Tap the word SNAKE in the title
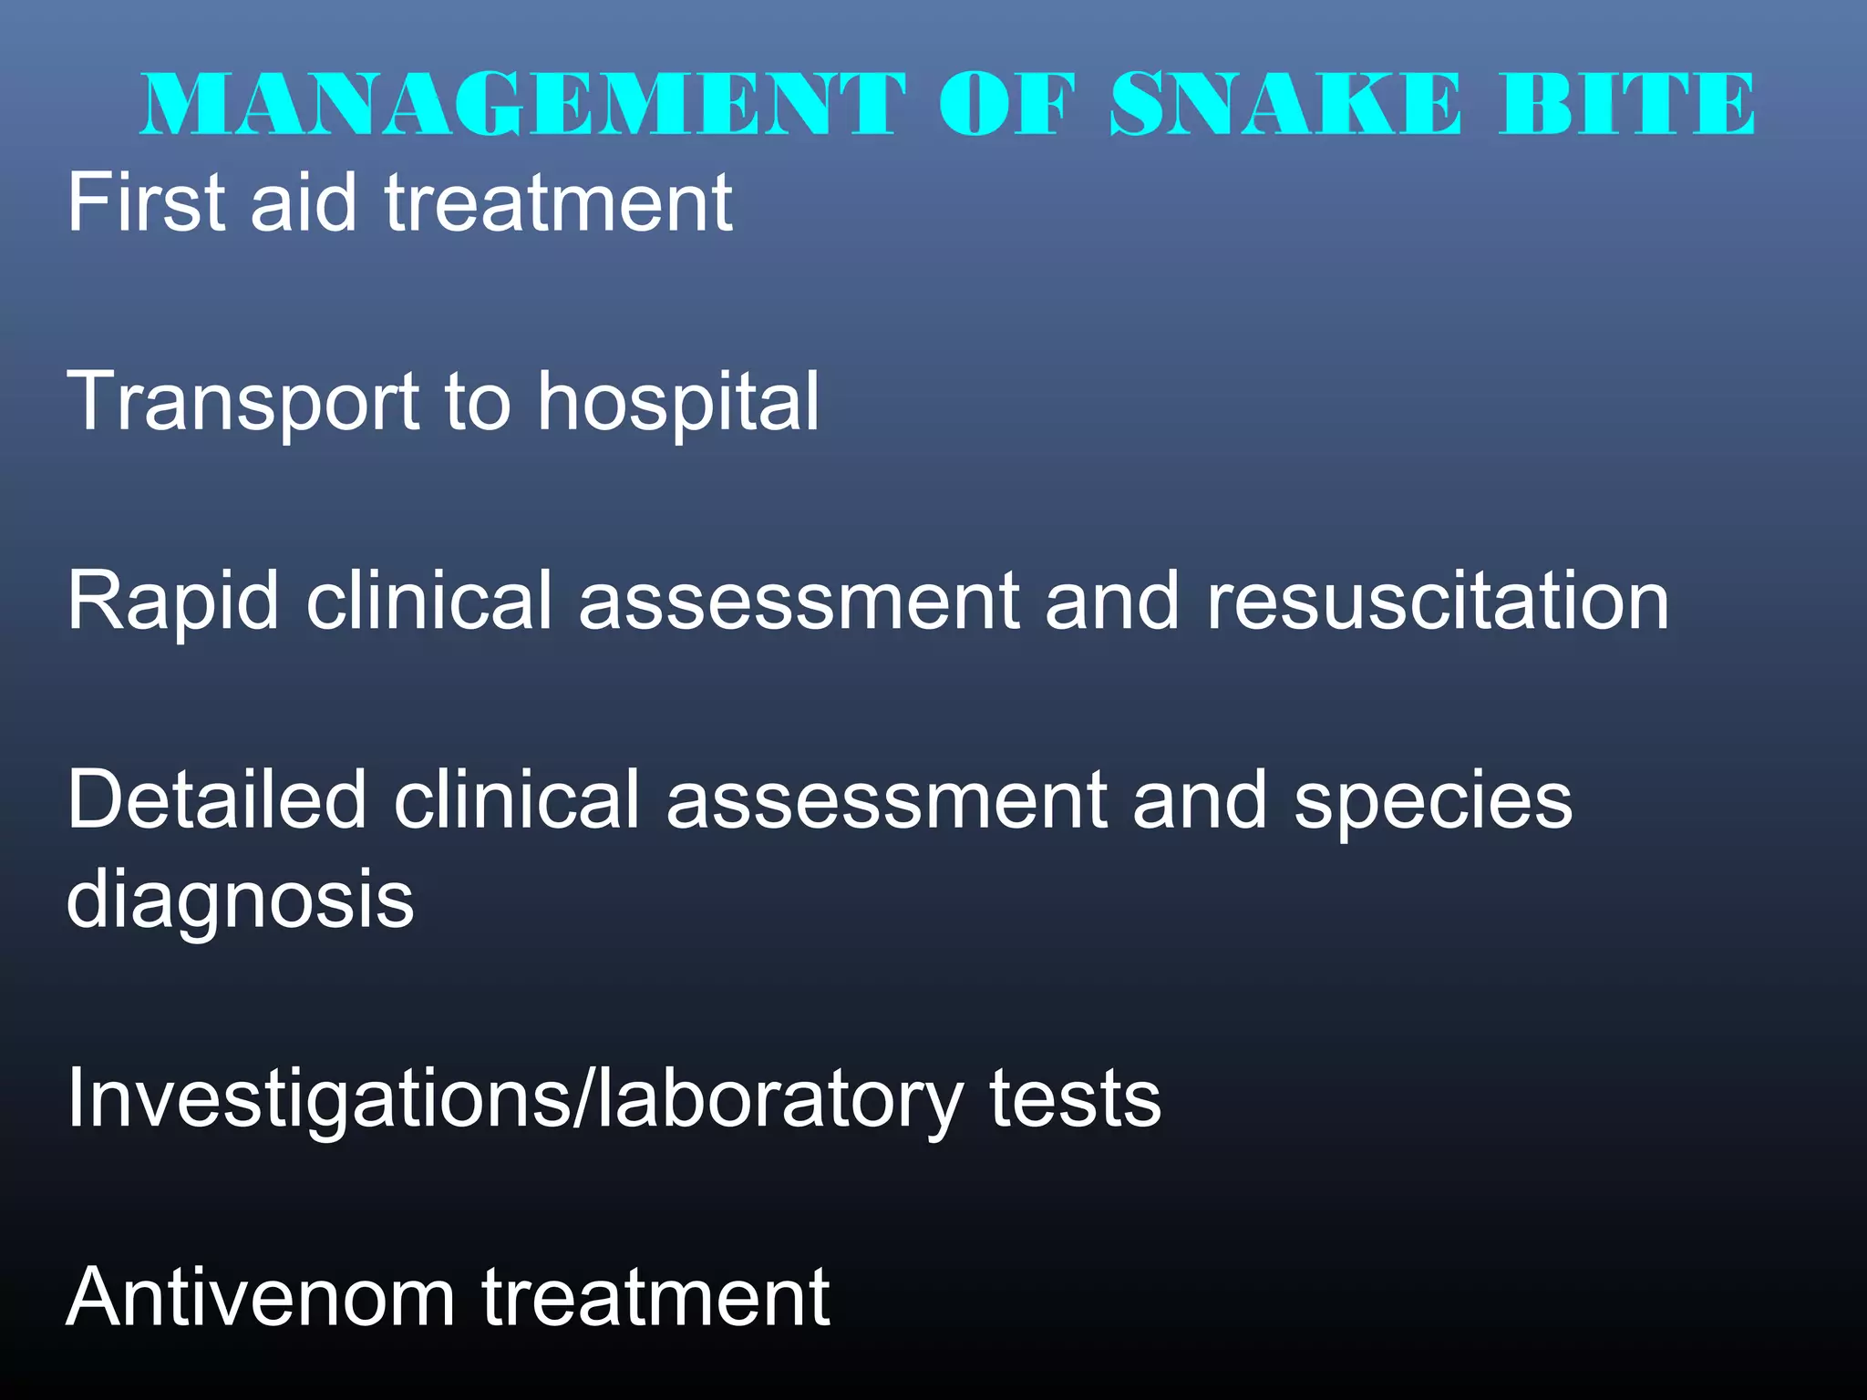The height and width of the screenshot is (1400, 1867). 1285,104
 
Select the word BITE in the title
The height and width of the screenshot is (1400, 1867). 1627,104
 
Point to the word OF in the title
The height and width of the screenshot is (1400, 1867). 1007,104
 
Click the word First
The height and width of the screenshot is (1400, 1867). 146,202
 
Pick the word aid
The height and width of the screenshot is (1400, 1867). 304,202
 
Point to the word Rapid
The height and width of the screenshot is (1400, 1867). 172,602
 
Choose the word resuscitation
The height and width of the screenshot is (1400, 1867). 1438,602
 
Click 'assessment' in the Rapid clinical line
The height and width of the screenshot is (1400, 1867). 799,602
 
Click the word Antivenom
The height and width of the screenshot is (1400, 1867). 260,1298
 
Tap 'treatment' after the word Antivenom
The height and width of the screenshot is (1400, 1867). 655,1298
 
